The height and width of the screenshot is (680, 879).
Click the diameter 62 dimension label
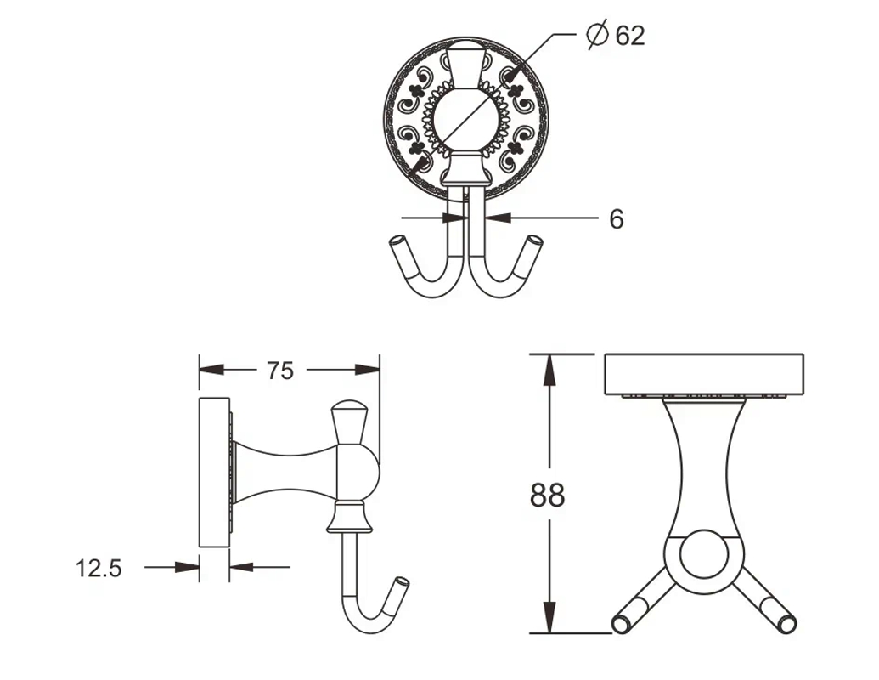pyautogui.click(x=617, y=35)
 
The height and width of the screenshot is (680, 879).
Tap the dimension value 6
pyautogui.click(x=617, y=218)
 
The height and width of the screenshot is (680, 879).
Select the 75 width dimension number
pyautogui.click(x=280, y=371)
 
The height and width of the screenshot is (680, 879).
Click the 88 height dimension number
pyautogui.click(x=547, y=496)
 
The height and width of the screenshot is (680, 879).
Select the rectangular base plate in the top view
pyautogui.click(x=704, y=374)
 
